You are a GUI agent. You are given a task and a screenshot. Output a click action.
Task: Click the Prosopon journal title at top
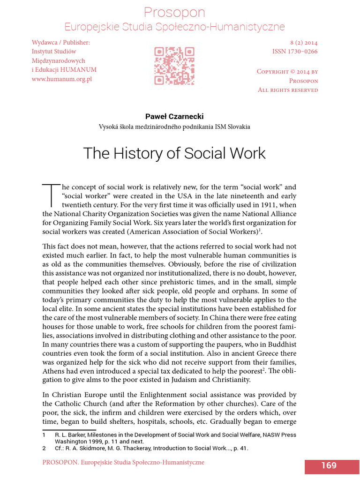tap(174, 12)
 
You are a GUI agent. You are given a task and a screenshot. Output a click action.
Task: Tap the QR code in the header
tap(174, 65)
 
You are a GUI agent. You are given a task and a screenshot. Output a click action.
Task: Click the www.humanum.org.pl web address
tap(61, 79)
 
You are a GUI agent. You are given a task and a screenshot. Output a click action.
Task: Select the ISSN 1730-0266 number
tap(295, 51)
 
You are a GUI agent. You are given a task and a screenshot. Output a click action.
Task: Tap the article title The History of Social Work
tap(174, 153)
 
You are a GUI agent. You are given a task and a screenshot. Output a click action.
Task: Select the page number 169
tap(329, 465)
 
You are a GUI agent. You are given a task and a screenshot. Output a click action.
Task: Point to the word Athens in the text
tap(54, 371)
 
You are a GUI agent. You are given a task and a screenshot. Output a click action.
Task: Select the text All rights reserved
tap(288, 90)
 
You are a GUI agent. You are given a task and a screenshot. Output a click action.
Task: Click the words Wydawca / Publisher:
tap(60, 43)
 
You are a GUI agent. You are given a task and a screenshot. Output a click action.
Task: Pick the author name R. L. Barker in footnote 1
tap(70, 435)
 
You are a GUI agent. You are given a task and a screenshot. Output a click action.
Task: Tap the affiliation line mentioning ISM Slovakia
tap(174, 127)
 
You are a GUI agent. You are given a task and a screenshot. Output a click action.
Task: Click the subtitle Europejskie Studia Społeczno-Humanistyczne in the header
tap(174, 27)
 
